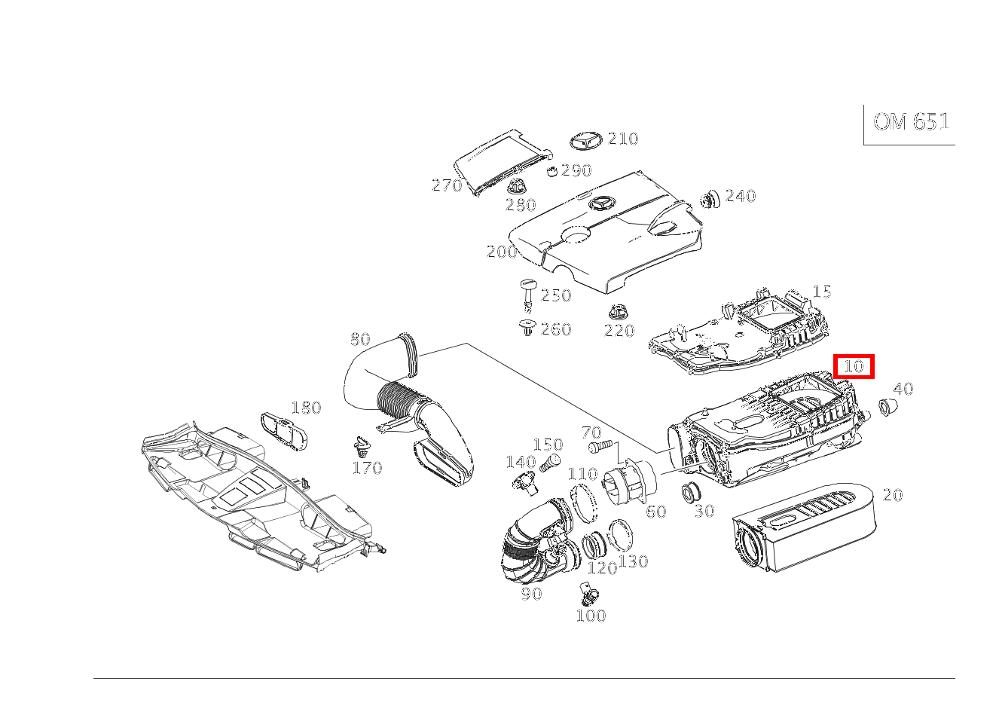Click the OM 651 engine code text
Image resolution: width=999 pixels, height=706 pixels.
click(911, 122)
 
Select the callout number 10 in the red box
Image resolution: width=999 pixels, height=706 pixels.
click(854, 367)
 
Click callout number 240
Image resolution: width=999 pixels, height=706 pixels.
click(741, 196)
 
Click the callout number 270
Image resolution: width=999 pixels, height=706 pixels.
click(447, 185)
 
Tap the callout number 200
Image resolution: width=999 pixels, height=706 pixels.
click(502, 252)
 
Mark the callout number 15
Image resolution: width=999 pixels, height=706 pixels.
click(822, 292)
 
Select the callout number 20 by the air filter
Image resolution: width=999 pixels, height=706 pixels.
click(893, 495)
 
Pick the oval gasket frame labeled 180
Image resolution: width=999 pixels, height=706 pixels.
click(284, 431)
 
